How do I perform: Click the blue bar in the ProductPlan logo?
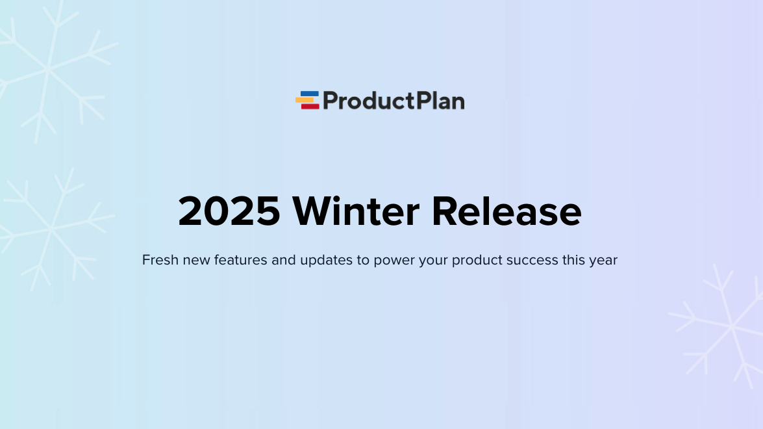pos(310,94)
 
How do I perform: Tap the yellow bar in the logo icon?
pos(305,100)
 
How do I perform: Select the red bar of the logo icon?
pos(310,106)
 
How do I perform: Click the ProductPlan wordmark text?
pos(394,101)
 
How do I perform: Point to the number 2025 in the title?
pos(229,211)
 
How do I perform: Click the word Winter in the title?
pos(356,211)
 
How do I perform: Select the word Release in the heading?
pos(507,211)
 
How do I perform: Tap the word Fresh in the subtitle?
pos(160,260)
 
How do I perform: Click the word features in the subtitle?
pos(241,260)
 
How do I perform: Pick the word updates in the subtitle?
pos(326,261)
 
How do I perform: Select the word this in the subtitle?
pos(573,260)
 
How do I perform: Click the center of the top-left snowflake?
pos(48,70)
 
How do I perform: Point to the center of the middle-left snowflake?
pos(51,229)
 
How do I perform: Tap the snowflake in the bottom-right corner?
pos(731,326)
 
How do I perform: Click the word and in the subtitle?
pos(284,260)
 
